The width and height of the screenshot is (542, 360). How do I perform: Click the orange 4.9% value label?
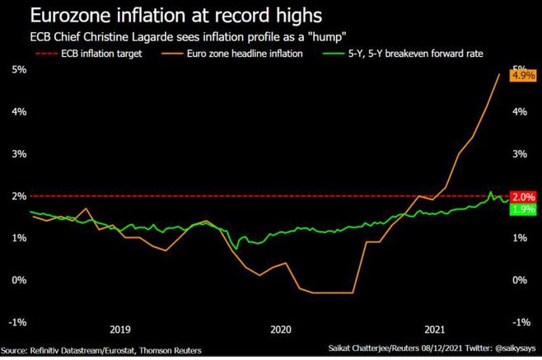click(x=524, y=75)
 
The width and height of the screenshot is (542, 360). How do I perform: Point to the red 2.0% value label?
click(x=524, y=197)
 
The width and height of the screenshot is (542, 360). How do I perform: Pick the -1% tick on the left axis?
click(x=14, y=321)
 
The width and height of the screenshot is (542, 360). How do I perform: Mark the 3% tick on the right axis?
click(x=520, y=154)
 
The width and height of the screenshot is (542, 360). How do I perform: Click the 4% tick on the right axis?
click(x=520, y=112)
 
